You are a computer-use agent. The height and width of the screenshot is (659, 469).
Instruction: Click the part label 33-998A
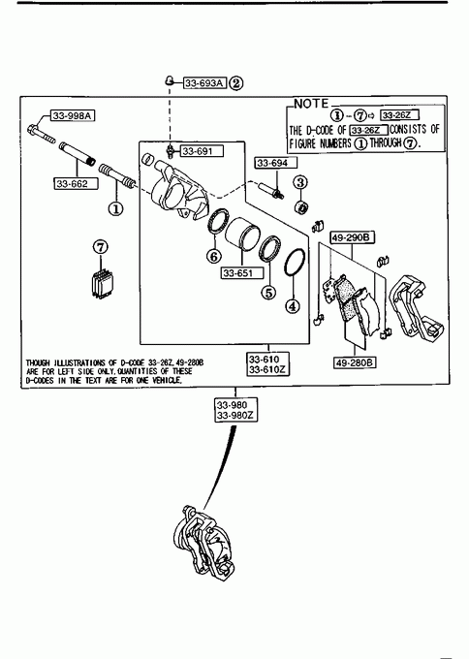point(73,115)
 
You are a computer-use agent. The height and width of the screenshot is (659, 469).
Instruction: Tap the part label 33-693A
point(204,83)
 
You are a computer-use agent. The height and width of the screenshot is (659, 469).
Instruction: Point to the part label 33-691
point(203,151)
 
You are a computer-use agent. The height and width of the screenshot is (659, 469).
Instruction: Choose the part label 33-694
point(276,163)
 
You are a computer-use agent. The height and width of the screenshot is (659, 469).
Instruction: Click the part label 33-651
point(242,273)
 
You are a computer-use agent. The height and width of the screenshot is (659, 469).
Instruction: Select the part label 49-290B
point(352,237)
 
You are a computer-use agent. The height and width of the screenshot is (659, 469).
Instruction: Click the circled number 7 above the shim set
point(101,247)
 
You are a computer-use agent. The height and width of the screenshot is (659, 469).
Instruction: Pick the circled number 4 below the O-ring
point(293,306)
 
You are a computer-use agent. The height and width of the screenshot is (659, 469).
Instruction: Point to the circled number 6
point(214,256)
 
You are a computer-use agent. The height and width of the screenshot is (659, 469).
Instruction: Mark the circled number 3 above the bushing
point(300,182)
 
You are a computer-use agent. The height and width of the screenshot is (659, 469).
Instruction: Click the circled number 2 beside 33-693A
point(236,83)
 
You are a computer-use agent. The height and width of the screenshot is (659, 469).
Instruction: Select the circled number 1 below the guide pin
point(116,208)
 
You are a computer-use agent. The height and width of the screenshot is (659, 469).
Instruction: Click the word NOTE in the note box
point(311,104)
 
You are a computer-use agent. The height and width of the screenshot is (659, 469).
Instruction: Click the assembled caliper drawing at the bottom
point(203,543)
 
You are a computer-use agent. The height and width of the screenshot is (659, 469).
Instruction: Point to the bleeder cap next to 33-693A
point(169,79)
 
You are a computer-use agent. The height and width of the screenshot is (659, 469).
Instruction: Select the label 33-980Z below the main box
point(235,416)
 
